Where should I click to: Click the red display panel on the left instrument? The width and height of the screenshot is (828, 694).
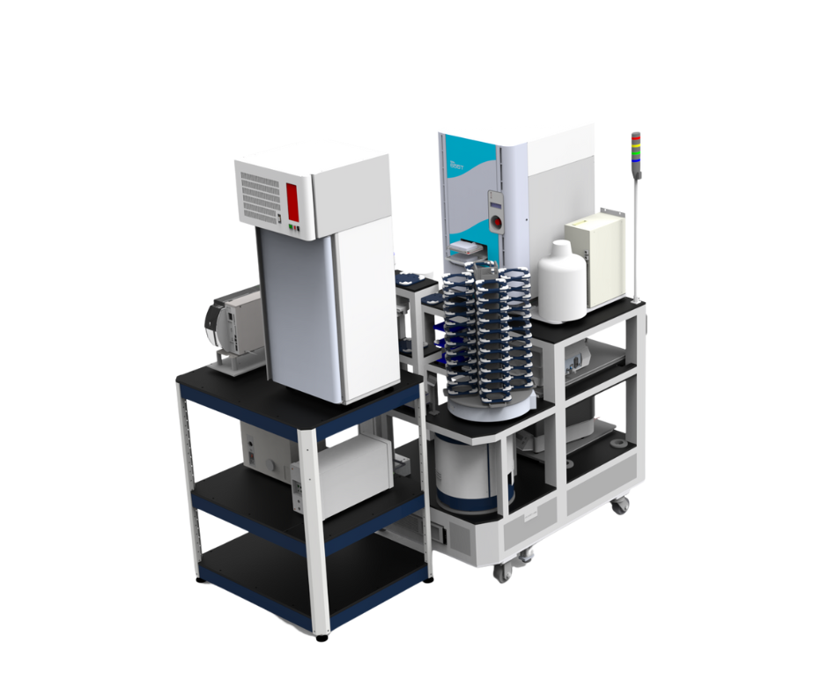[x=294, y=200]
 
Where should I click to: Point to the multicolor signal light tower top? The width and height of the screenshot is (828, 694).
[x=636, y=149]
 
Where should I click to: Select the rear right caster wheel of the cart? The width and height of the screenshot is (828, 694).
[x=621, y=506]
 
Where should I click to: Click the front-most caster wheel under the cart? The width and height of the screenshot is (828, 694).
[x=503, y=572]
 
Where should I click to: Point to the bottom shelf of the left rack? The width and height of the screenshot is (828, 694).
[x=308, y=564]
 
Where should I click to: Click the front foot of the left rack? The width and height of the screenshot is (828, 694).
[x=323, y=633]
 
